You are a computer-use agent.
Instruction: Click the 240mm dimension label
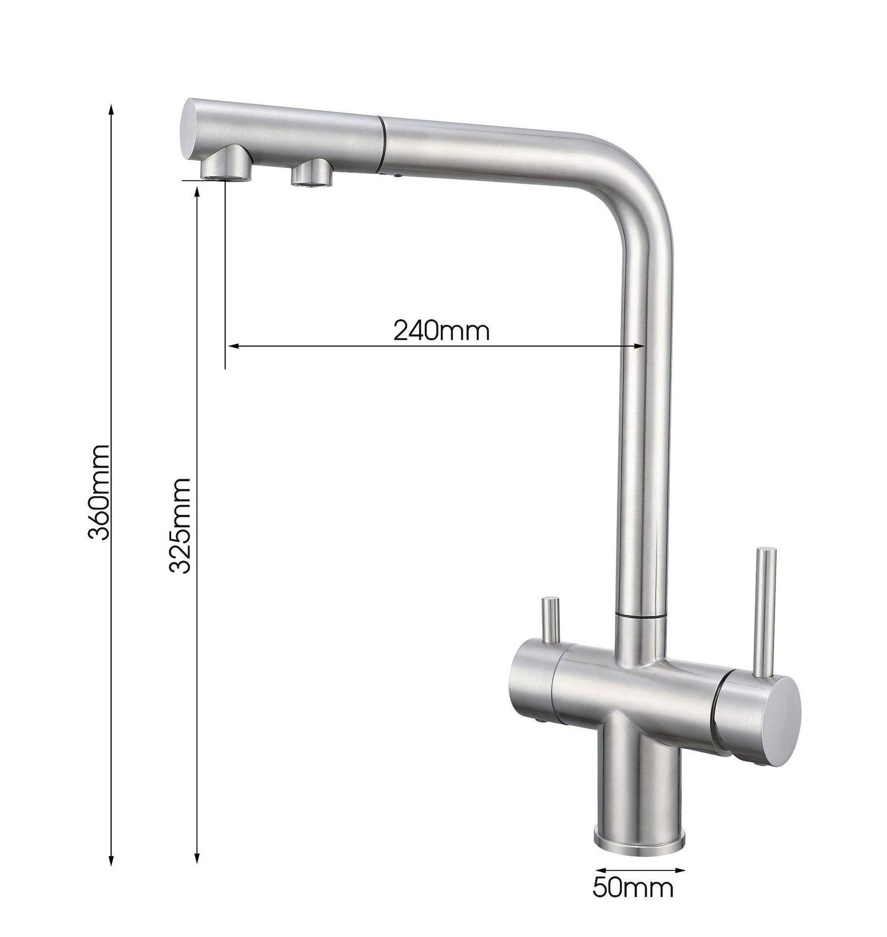pyautogui.click(x=442, y=332)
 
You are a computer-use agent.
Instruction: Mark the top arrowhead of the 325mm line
pyautogui.click(x=197, y=192)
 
